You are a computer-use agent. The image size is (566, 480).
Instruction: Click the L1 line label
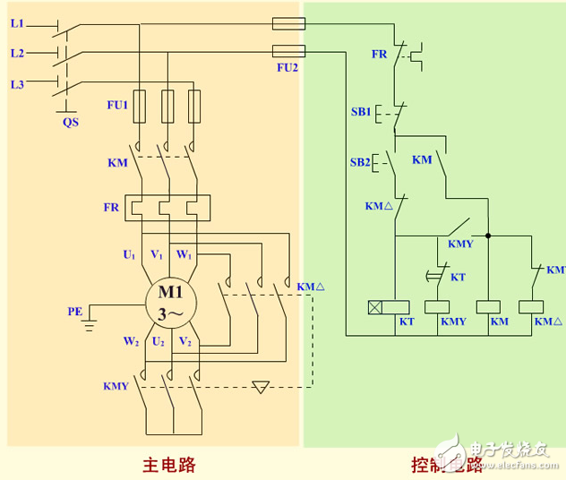[x=17, y=23]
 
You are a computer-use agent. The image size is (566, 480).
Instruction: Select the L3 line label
[x=17, y=84]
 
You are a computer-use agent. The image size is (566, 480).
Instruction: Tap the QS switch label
[x=70, y=122]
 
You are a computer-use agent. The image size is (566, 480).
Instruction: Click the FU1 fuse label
[x=117, y=105]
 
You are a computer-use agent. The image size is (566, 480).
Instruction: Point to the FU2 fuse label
[x=287, y=67]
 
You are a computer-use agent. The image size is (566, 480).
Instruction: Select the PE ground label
[x=74, y=312]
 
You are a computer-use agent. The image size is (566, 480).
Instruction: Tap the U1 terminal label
[x=129, y=255]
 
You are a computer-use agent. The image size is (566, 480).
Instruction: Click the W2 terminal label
[x=131, y=341]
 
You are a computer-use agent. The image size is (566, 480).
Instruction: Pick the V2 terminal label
[x=185, y=341]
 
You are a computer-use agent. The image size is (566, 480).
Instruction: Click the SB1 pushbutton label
[x=361, y=112]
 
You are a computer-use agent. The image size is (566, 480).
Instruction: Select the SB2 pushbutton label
[x=361, y=162]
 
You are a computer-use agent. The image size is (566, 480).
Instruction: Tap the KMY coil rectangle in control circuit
[x=440, y=306]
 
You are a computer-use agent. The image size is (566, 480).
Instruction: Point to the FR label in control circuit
[x=380, y=54]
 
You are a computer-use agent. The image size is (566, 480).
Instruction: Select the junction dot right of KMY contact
[x=488, y=237]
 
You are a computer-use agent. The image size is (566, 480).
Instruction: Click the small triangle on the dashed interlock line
[x=261, y=388]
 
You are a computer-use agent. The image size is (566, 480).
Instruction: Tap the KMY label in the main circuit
[x=116, y=387]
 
